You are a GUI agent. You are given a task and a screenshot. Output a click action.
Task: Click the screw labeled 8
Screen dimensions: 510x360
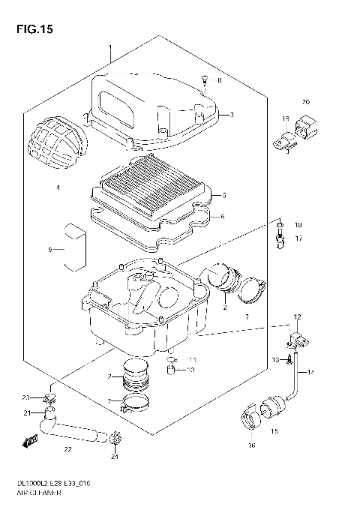pyautogui.click(x=203, y=81)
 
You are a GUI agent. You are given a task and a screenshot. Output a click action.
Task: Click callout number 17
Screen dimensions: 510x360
pyautogui.click(x=298, y=238)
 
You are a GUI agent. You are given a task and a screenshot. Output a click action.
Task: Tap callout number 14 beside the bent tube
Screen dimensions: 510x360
pyautogui.click(x=311, y=372)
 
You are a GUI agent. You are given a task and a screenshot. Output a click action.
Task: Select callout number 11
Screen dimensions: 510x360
pyautogui.click(x=192, y=359)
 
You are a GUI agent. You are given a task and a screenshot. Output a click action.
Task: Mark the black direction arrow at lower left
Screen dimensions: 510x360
pyautogui.click(x=32, y=439)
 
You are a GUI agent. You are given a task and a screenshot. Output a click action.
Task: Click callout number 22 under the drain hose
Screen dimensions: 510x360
pyautogui.click(x=67, y=449)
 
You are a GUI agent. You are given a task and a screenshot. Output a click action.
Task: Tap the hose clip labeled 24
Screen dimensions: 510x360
pyautogui.click(x=114, y=438)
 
